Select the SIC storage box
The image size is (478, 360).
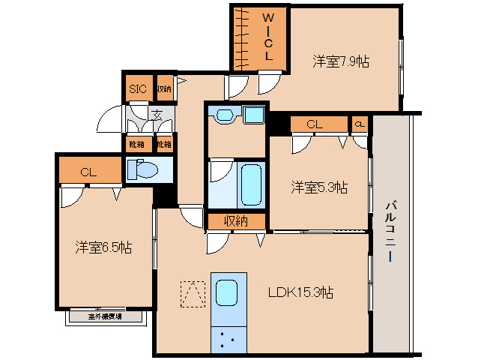[138, 88]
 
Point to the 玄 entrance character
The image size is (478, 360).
[158, 115]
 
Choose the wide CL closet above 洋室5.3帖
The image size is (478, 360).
[315, 124]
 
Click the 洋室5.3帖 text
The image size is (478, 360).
[319, 187]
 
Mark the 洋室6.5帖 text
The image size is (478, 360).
[103, 247]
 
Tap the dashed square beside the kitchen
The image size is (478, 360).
[193, 294]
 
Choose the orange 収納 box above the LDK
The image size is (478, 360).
[236, 220]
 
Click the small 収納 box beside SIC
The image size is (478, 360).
[163, 88]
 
